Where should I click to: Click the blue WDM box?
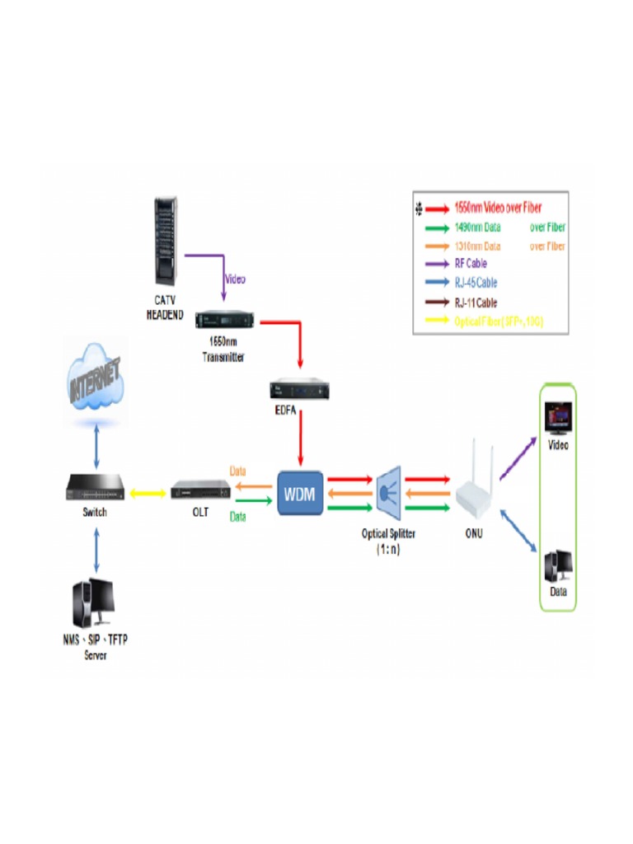point(299,493)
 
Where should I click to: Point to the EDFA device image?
point(299,390)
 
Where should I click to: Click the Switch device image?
point(98,492)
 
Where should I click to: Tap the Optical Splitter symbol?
point(388,493)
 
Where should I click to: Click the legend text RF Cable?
point(471,264)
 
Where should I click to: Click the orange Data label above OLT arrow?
point(237,471)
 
